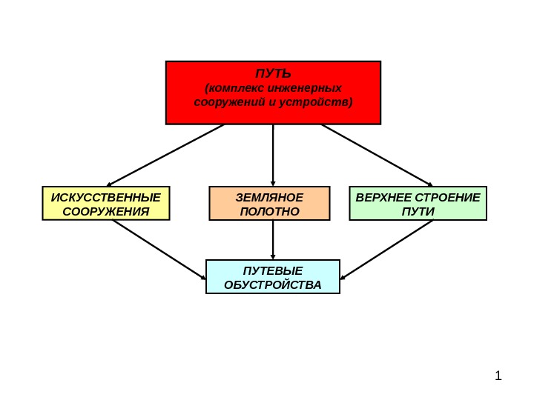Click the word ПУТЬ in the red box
[x=273, y=74]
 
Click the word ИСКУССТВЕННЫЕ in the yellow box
[x=106, y=197]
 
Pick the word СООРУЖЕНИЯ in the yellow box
[x=106, y=211]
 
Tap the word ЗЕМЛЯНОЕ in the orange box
[x=269, y=197]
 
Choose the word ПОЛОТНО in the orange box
[x=269, y=211]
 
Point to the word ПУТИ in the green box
[x=418, y=211]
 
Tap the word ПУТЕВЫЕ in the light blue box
[x=273, y=270]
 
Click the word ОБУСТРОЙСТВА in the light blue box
[x=273, y=284]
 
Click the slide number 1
[x=498, y=376]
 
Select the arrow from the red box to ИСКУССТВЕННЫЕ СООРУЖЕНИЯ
[x=165, y=154]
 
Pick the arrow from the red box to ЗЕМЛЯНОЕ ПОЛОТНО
[x=273, y=154]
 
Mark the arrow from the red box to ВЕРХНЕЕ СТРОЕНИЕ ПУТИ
[x=377, y=154]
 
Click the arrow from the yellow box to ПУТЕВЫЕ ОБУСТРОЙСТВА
[x=159, y=250]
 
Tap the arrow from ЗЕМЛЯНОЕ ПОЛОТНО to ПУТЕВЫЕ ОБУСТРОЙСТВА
[x=273, y=240]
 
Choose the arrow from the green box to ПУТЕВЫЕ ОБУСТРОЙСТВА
[x=386, y=250]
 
